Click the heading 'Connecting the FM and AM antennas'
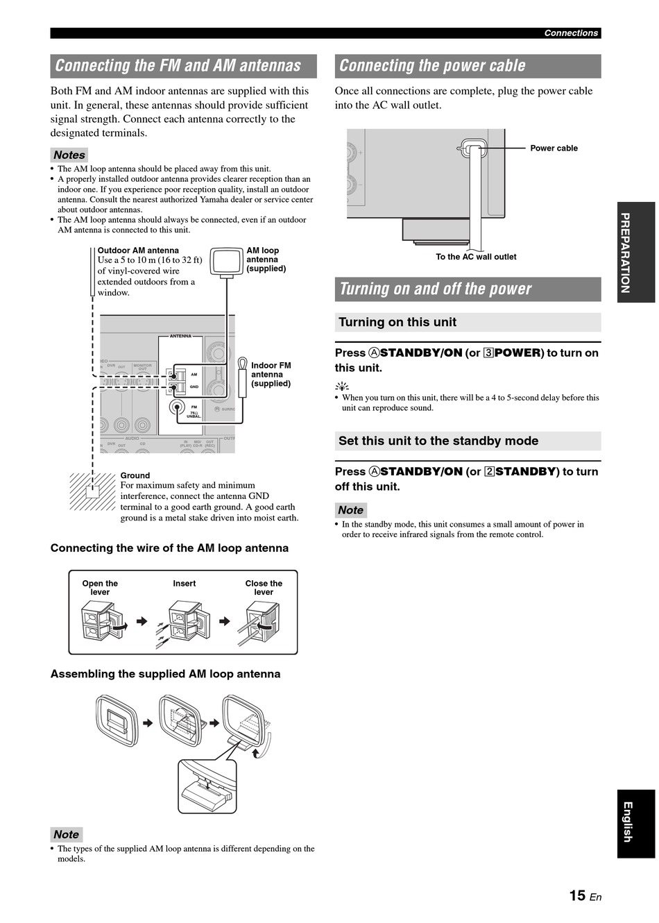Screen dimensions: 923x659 tap(178, 66)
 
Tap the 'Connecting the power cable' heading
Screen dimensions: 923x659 tap(432, 66)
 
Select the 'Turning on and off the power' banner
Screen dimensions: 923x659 tap(436, 289)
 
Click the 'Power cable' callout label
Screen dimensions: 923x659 tap(554, 148)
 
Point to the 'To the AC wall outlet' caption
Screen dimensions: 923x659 tap(476, 257)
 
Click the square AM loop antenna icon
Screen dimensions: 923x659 tap(226, 262)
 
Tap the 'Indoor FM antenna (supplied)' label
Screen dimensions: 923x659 tap(271, 374)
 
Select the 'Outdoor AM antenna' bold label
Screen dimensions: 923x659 tap(138, 251)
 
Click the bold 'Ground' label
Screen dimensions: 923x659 tap(135, 475)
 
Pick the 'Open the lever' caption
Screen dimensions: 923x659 tap(100, 588)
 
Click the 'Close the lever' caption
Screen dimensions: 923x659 tap(264, 588)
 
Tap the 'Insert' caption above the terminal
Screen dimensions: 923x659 tap(185, 584)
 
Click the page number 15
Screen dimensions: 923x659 tap(577, 896)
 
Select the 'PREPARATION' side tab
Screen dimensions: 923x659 tap(626, 253)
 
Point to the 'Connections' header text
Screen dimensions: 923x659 tap(570, 33)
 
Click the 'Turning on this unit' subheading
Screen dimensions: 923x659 tap(397, 322)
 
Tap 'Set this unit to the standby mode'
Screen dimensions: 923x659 tap(438, 441)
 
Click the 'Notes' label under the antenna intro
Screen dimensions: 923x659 tap(69, 155)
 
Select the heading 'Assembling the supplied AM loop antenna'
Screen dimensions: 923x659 tap(166, 674)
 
